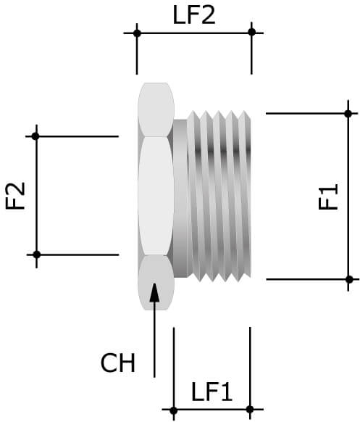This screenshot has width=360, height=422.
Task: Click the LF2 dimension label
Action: pos(193,15)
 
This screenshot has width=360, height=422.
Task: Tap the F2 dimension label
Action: pos(15,196)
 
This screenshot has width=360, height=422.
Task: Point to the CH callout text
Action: pos(118,363)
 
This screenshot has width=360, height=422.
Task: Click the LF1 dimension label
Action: pos(212,392)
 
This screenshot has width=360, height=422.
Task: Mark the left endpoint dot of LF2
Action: pos(136,33)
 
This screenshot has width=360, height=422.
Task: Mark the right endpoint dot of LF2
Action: pos(251,32)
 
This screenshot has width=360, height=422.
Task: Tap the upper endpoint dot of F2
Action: pos(35,136)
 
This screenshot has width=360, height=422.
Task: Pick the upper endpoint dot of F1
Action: pos(348,113)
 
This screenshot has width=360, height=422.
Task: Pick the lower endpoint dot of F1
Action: pos(348,279)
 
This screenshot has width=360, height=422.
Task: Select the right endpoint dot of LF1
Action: pos(250,408)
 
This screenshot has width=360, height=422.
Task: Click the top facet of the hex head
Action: pos(155,109)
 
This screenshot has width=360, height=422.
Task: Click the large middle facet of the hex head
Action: pos(155,196)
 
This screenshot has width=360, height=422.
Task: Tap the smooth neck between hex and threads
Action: pos(180,196)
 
